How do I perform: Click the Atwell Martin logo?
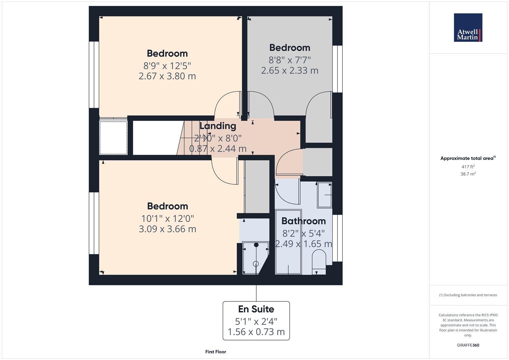[468, 27]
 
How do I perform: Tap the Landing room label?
[218, 126]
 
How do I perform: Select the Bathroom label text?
[304, 221]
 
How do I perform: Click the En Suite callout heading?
[256, 309]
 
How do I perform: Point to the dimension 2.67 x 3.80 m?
[167, 76]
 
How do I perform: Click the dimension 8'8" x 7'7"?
[289, 60]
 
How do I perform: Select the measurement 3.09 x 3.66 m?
[167, 229]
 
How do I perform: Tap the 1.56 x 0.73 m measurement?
[256, 332]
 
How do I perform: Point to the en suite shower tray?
[256, 258]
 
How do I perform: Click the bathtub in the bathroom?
[288, 242]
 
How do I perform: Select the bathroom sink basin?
[324, 195]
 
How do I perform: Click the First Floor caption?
[216, 352]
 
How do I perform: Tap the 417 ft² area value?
[468, 167]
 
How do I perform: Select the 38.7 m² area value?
[468, 174]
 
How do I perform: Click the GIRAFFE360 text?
[468, 345]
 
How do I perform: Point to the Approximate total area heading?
[468, 158]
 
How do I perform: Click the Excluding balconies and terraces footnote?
[468, 295]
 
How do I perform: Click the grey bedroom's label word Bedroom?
[290, 48]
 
